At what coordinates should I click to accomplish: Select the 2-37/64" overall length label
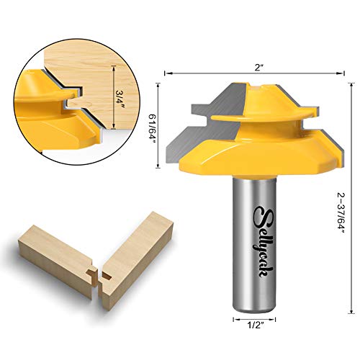pos(340,207)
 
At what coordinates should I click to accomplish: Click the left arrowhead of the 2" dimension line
pos(168,73)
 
